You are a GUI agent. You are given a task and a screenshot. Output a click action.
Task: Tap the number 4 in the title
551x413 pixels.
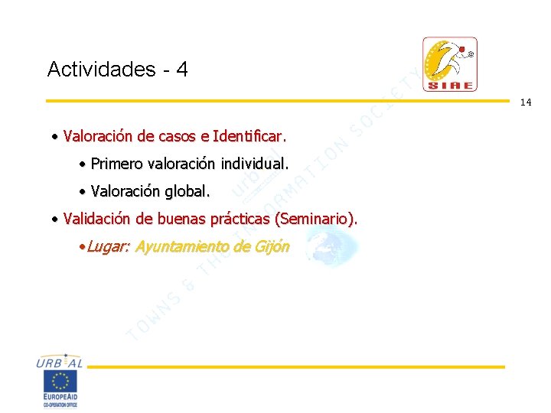tap(181, 70)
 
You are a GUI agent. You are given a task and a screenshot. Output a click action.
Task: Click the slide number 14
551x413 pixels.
tap(526, 102)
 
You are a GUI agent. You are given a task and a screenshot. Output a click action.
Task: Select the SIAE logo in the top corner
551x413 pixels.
tap(450, 64)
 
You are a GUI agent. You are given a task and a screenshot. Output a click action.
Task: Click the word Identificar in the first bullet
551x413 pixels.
tap(248, 137)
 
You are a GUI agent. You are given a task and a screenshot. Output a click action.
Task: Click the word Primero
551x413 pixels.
tap(116, 164)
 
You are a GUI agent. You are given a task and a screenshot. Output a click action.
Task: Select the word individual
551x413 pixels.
tap(254, 164)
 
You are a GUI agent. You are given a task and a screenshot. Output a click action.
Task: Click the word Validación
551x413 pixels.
tap(97, 219)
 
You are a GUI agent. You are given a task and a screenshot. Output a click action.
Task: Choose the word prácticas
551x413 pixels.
tap(239, 219)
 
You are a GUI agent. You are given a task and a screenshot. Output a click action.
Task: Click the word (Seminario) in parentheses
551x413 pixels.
tap(316, 219)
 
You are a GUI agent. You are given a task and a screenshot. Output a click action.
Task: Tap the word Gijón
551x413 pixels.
tap(272, 246)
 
